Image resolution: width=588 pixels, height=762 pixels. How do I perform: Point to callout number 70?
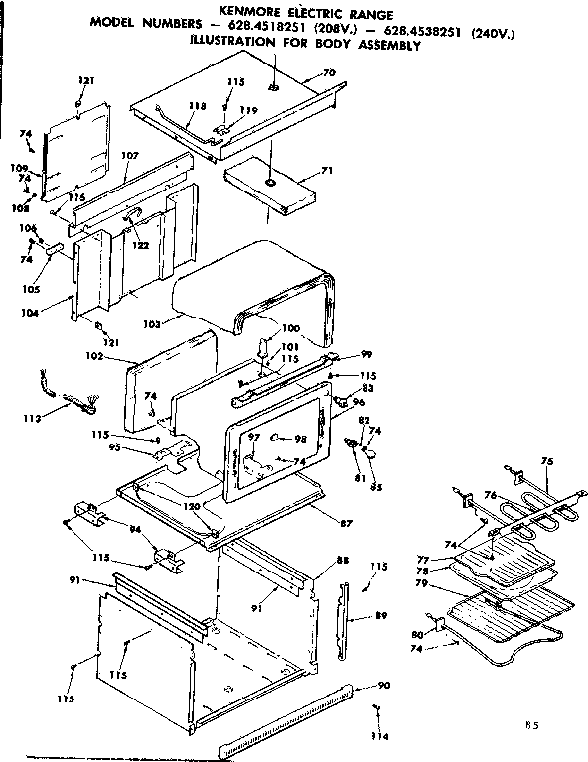pyautogui.click(x=329, y=73)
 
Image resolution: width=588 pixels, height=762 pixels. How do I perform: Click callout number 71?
pyautogui.click(x=327, y=172)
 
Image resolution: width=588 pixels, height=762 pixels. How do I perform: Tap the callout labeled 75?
pyautogui.click(x=545, y=460)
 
